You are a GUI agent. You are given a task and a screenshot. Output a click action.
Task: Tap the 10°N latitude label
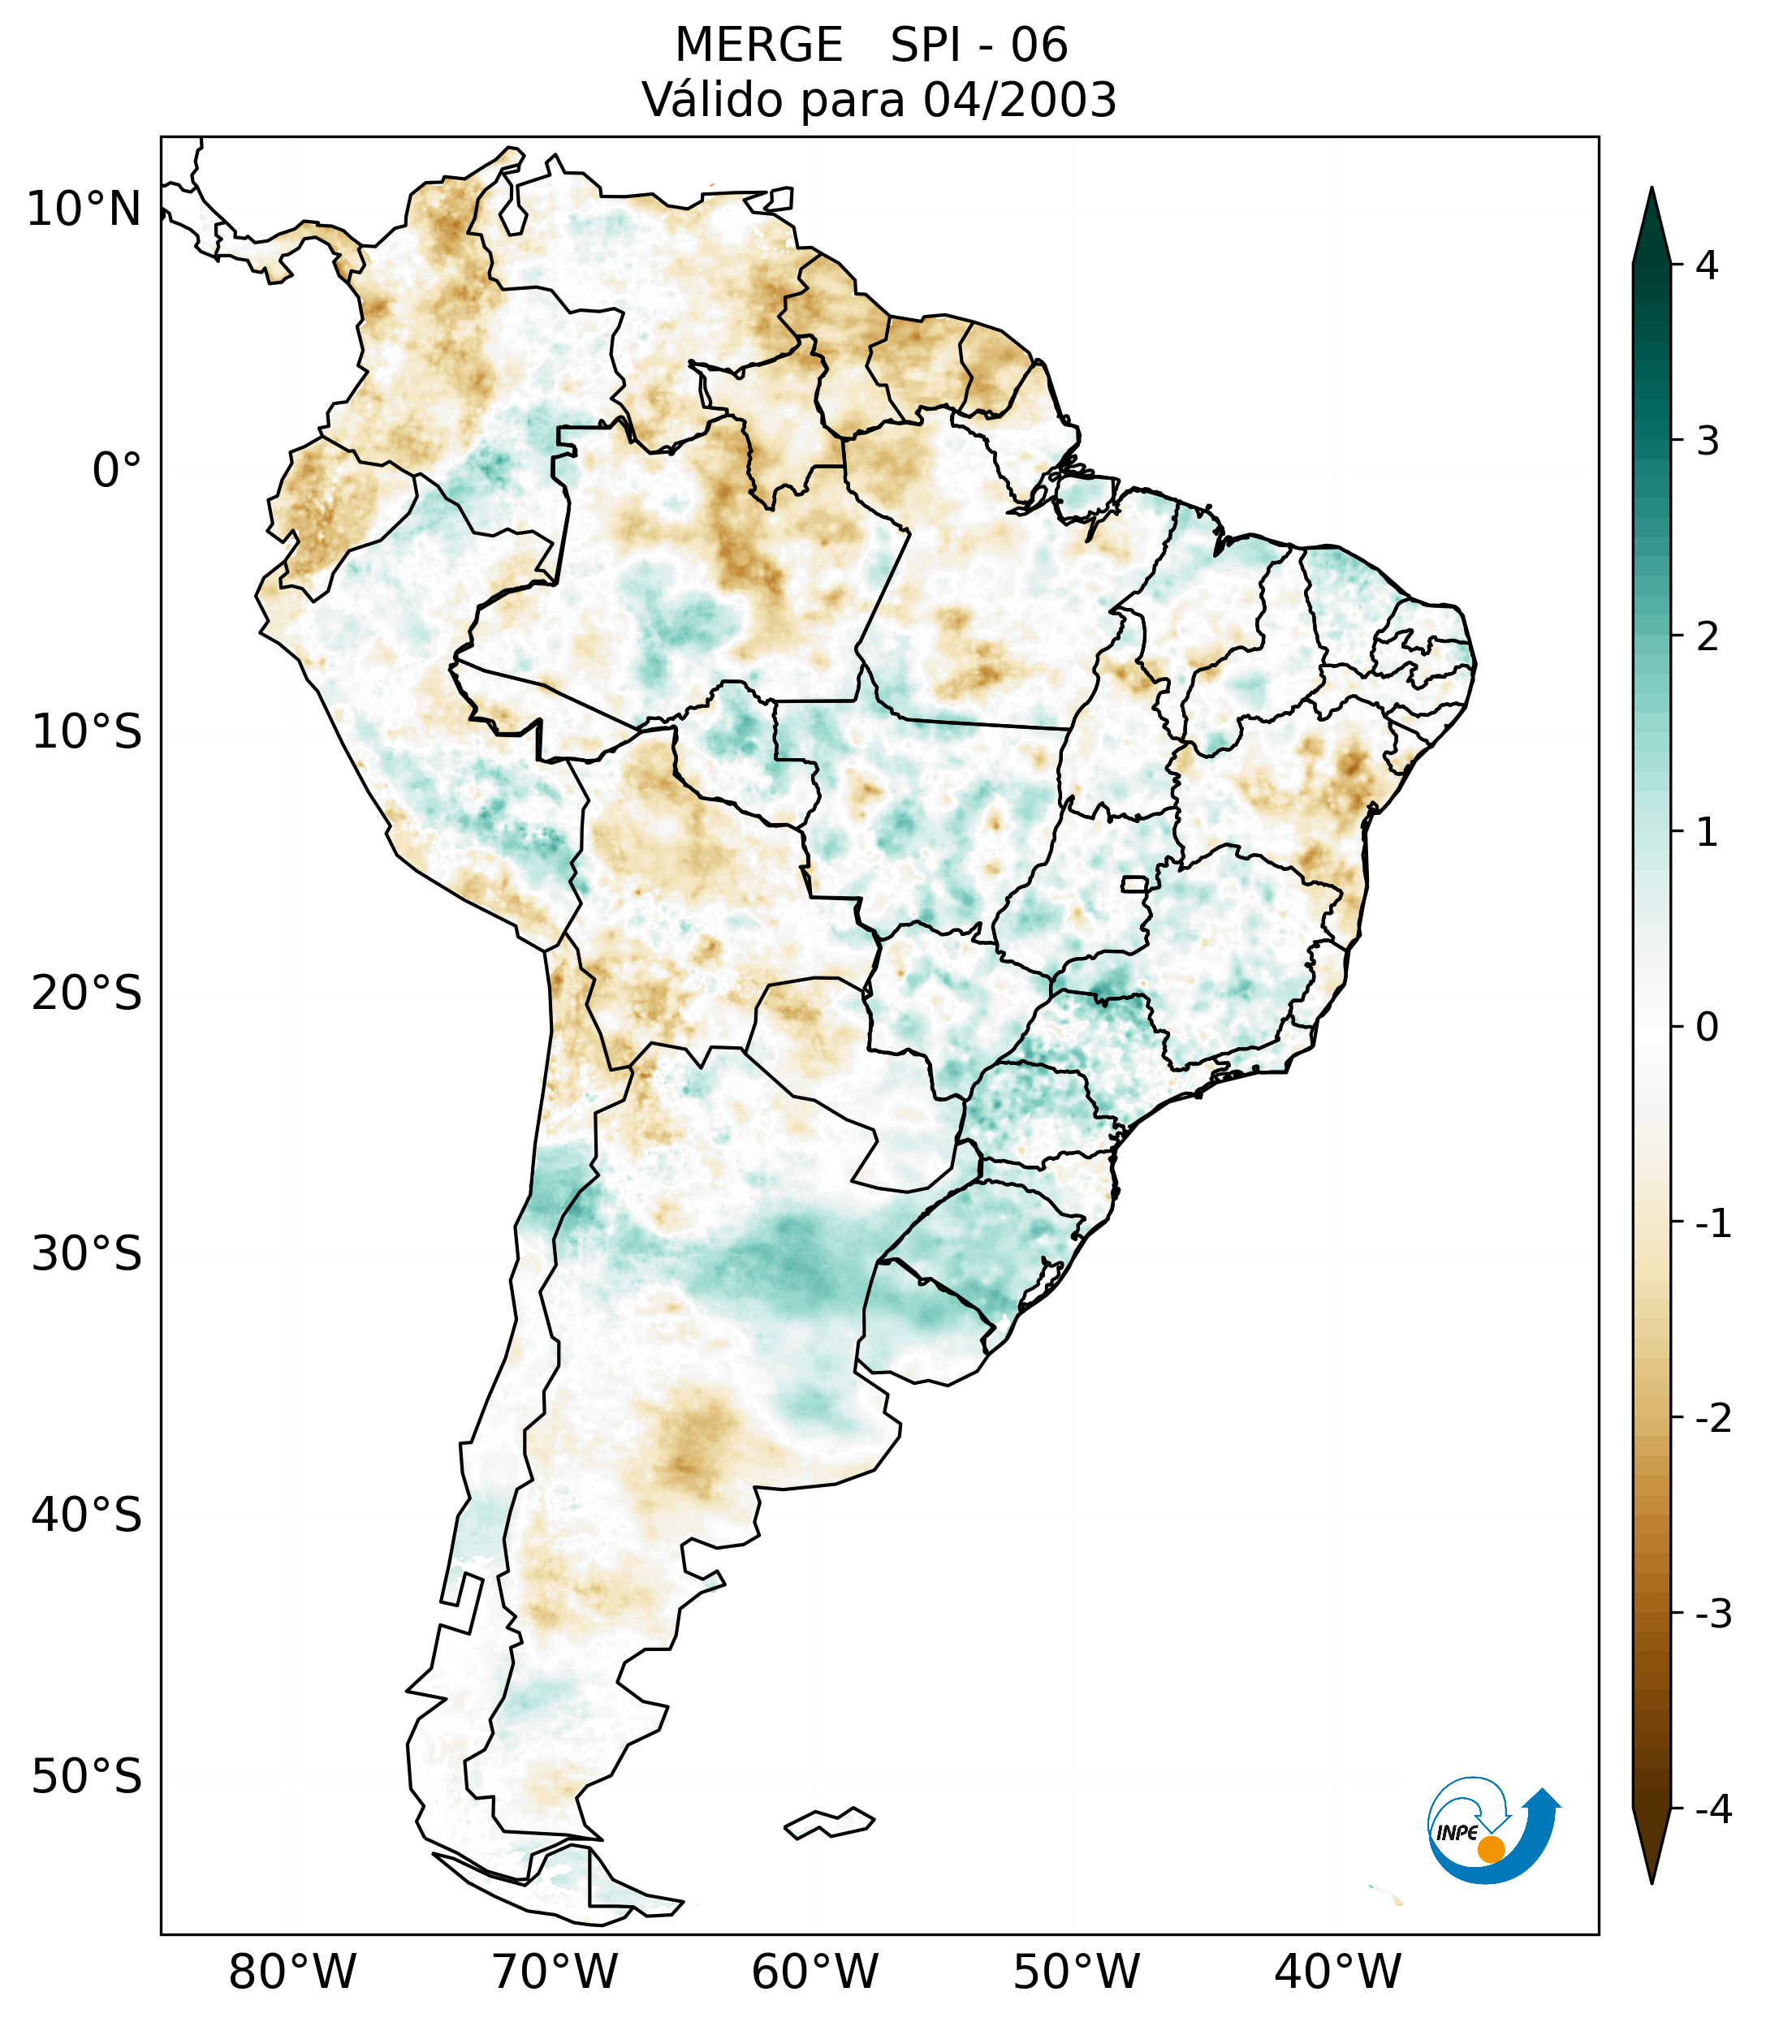click(83, 209)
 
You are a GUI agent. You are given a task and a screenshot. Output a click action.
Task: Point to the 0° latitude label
click(116, 471)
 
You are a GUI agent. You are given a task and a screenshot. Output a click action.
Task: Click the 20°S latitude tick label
click(87, 994)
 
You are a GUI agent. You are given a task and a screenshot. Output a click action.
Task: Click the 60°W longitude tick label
click(814, 1972)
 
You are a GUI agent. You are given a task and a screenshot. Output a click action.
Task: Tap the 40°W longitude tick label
click(1338, 1972)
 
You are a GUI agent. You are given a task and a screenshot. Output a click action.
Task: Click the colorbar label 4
click(1707, 265)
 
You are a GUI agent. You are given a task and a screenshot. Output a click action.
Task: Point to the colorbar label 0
click(1707, 1028)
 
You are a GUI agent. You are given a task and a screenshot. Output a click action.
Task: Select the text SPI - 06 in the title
click(978, 45)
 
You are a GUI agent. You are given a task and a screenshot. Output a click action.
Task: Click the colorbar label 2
click(1707, 637)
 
